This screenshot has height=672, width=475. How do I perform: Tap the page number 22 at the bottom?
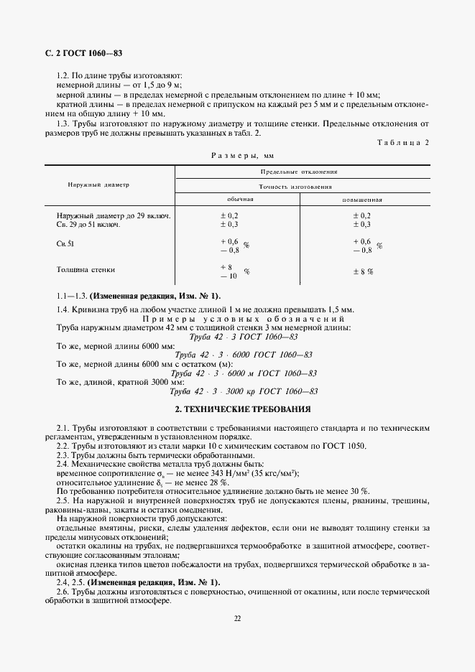click(x=237, y=619)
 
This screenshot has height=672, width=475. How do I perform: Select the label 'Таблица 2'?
click(x=402, y=142)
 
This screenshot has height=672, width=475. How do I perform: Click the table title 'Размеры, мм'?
click(x=242, y=154)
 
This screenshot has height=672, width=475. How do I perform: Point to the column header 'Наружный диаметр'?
click(x=98, y=185)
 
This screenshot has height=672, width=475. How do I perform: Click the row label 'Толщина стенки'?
click(x=86, y=270)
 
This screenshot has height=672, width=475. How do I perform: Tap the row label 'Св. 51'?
click(x=65, y=245)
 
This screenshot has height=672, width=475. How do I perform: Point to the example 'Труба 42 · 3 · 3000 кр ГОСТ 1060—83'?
click(x=243, y=392)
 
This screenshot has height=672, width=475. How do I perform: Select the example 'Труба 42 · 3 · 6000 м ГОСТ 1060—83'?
click(x=243, y=373)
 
